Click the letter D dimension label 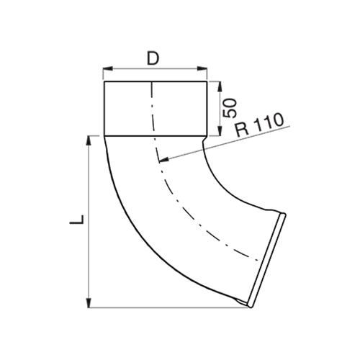tap(153, 58)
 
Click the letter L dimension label tap(77, 220)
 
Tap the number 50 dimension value tap(230, 108)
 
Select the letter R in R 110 tap(242, 130)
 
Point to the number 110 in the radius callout tap(269, 122)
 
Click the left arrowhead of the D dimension tap(107, 69)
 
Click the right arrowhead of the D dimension tap(202, 69)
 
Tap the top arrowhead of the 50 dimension tap(220, 86)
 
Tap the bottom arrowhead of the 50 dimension tap(220, 131)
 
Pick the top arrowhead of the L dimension tap(89, 140)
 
